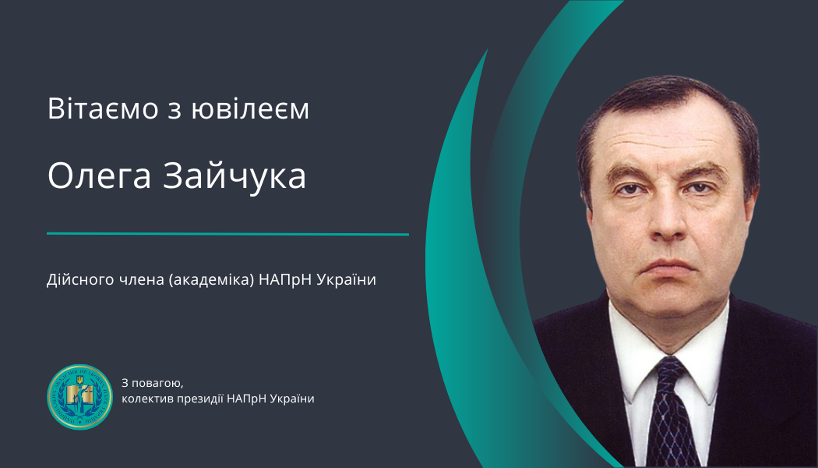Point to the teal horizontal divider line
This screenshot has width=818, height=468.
[227, 234]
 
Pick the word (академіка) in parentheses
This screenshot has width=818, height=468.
[211, 280]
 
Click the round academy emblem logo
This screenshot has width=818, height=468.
[79, 397]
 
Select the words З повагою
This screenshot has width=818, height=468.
[153, 383]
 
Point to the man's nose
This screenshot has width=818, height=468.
[668, 220]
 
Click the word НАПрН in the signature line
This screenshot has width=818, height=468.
[248, 399]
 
